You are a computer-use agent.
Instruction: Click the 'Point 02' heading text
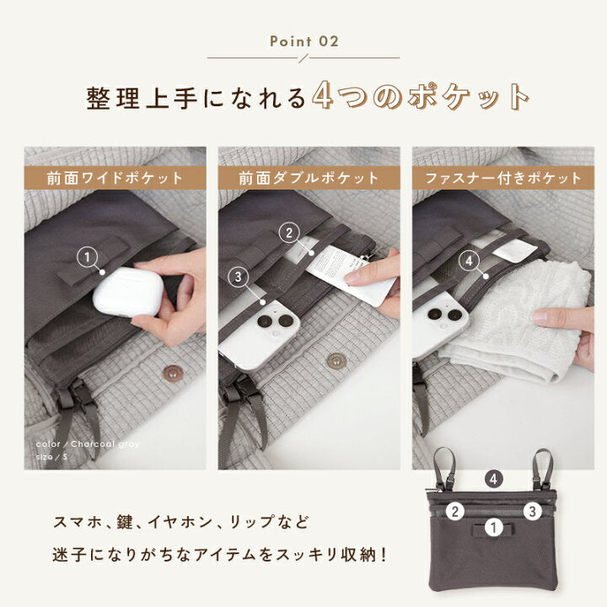303,40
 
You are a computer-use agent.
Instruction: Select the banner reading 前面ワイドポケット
115,178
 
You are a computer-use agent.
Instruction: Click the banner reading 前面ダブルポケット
309,178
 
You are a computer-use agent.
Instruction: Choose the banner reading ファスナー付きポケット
503,178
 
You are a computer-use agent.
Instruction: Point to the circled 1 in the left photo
87,256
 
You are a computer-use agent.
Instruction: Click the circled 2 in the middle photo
289,233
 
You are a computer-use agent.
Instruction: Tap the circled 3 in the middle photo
239,276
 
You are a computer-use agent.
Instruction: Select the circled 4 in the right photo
470,261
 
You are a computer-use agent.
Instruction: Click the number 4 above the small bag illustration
496,478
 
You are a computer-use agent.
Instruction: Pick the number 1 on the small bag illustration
496,529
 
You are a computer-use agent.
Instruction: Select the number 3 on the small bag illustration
533,510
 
